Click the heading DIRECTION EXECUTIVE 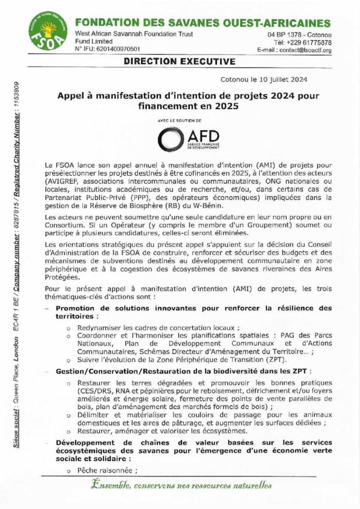180,60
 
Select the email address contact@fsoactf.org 303,51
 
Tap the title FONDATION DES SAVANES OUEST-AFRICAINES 203,23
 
